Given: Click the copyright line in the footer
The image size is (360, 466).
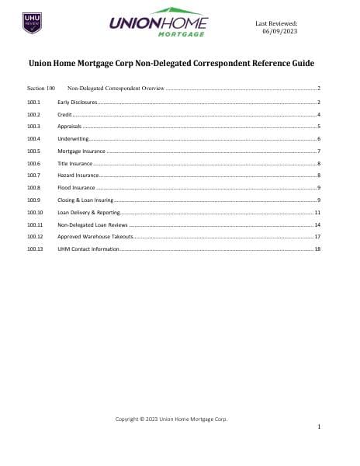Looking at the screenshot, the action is pyautogui.click(x=171, y=419).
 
